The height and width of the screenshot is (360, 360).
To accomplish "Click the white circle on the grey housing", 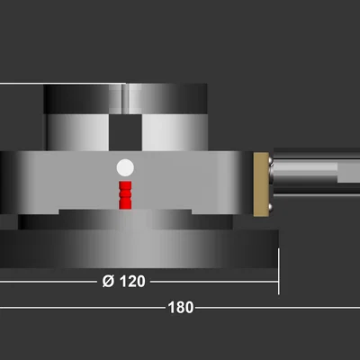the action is pyautogui.click(x=125, y=167).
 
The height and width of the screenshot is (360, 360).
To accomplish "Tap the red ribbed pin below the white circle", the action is pyautogui.click(x=125, y=195).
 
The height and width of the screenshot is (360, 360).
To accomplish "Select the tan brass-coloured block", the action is pyautogui.click(x=261, y=184).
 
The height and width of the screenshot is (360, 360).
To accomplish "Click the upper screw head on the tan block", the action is pyautogui.click(x=270, y=161).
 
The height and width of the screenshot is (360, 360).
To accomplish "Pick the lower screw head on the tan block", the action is pyautogui.click(x=270, y=207).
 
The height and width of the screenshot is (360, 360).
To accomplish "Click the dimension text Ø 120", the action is pyautogui.click(x=123, y=282).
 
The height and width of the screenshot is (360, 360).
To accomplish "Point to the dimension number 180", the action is pyautogui.click(x=181, y=308).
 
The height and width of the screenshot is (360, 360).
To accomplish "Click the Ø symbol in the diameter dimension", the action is pyautogui.click(x=108, y=282).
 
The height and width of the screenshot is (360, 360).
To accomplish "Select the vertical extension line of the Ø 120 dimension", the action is pyautogui.click(x=279, y=271).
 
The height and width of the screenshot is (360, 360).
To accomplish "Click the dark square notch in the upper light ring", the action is pyautogui.click(x=125, y=132).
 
